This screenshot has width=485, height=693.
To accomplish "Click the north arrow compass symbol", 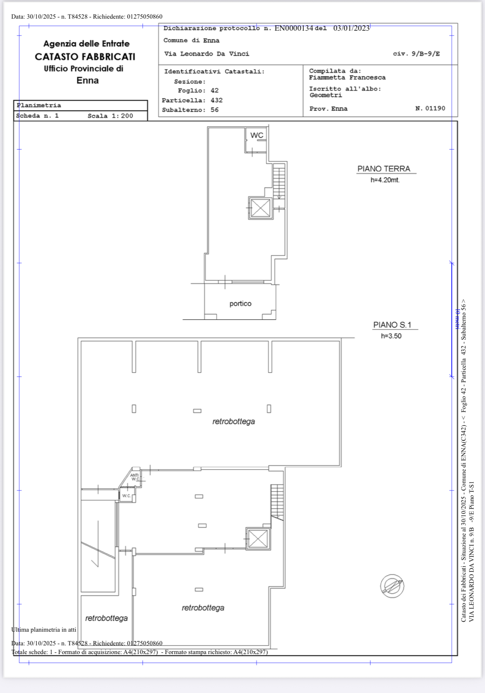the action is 392,586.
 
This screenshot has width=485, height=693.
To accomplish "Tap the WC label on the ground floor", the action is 257,135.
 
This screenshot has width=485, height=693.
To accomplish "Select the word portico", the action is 240,304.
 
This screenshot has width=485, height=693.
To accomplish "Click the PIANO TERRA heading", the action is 384,169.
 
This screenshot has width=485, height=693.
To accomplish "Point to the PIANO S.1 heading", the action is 392,325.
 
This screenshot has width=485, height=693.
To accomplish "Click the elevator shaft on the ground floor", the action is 261,208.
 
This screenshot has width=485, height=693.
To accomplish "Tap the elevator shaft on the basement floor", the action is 258,538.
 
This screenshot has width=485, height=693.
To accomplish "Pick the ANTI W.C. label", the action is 135,477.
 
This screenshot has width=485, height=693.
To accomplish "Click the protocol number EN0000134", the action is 294,28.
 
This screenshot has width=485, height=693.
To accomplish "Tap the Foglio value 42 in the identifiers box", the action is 214,90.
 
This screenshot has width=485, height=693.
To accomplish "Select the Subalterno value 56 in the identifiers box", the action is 214,110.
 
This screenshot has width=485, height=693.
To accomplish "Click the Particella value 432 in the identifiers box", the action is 216,100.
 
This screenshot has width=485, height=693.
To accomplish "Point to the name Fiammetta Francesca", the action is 347,77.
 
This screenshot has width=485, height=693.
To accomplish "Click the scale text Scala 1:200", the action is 110,116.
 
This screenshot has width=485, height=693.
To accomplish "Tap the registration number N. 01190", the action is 430,108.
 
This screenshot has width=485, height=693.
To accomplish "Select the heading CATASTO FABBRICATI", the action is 85,57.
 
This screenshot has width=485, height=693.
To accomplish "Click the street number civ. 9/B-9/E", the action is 416,53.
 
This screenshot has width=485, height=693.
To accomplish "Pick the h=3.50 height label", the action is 391,336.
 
